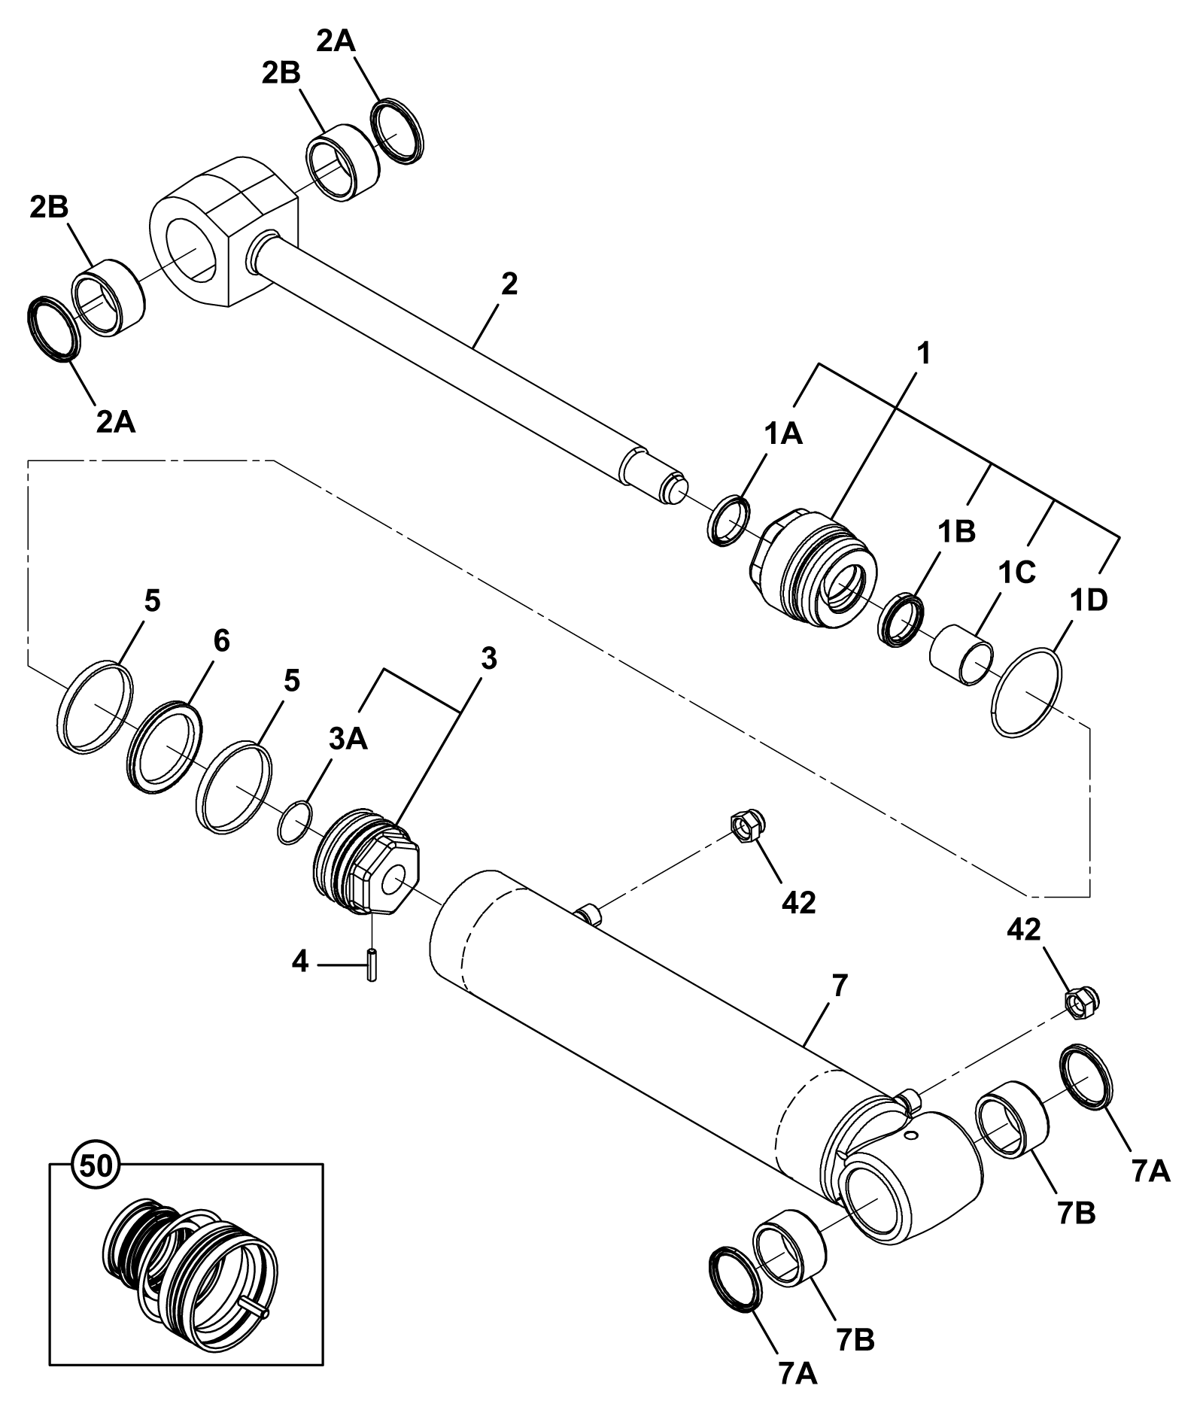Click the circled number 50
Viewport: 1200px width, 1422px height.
(95, 1165)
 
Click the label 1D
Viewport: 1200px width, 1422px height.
(1088, 601)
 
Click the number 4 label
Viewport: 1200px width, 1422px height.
(300, 962)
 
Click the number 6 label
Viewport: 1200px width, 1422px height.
(221, 641)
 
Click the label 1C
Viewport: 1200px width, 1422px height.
(1016, 572)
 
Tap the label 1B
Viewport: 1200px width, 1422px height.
(956, 532)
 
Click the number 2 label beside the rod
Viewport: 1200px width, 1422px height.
(509, 284)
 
